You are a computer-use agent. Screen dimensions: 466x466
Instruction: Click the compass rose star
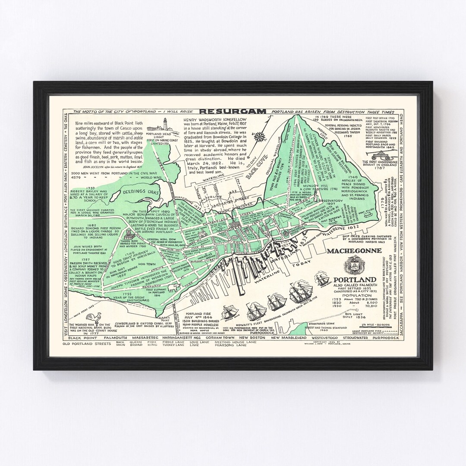coord(260,137)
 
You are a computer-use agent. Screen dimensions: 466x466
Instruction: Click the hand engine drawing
coord(381,155)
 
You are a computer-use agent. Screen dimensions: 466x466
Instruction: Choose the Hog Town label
coord(147,264)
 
